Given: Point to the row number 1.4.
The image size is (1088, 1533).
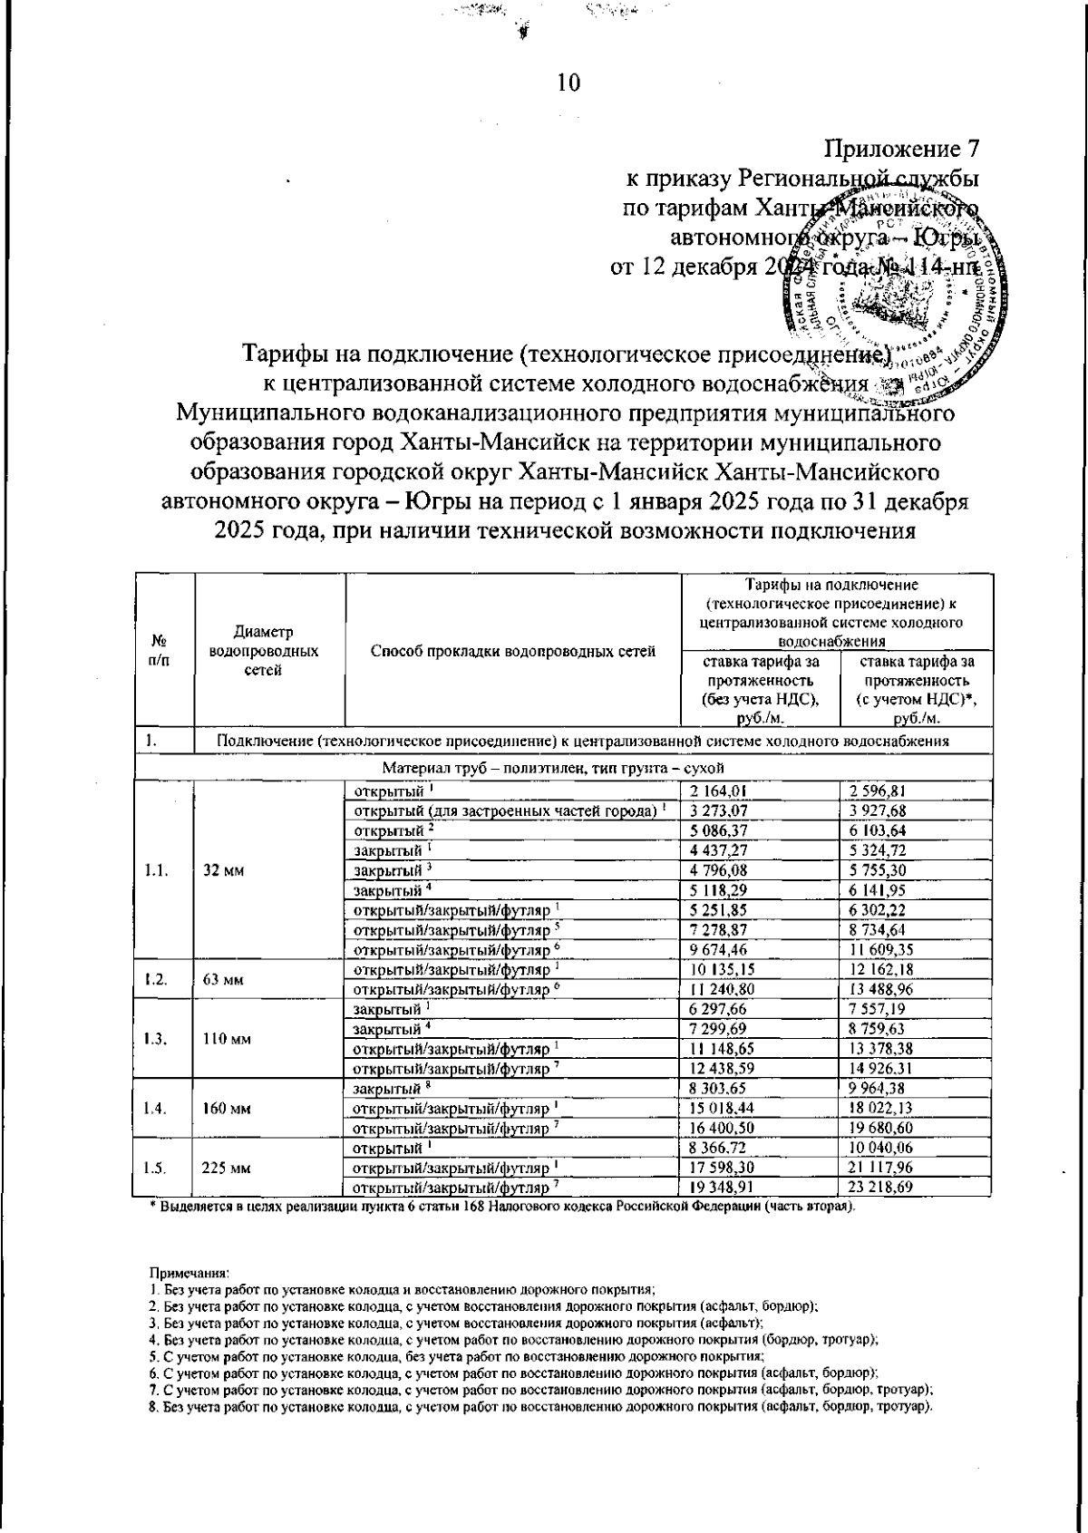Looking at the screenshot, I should point(156,1108).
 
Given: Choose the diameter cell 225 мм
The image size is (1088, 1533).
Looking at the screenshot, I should point(230,1168).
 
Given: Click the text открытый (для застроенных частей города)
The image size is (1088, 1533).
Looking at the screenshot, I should point(508,810).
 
